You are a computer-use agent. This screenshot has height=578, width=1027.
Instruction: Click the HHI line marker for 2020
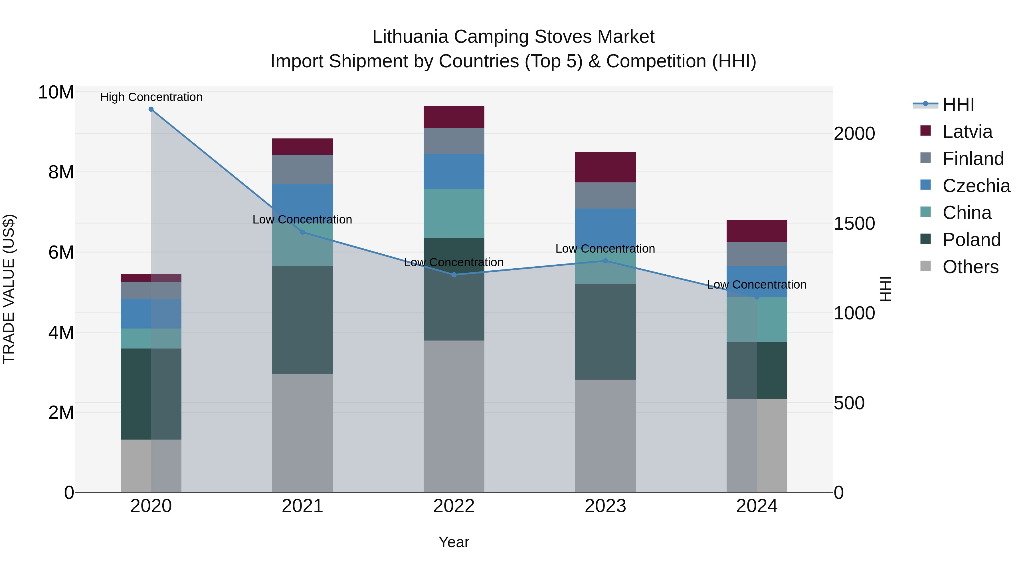coord(151,109)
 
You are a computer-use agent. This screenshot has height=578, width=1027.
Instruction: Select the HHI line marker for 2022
coord(454,275)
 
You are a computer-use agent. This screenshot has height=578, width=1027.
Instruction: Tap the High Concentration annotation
coord(151,97)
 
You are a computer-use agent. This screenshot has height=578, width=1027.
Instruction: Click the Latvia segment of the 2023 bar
coord(605,167)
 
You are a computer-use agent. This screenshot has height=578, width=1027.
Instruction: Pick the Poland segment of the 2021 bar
coord(302,320)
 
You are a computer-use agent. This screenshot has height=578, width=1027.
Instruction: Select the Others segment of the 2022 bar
coord(454,416)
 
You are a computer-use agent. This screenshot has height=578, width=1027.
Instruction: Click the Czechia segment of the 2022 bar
coord(454,172)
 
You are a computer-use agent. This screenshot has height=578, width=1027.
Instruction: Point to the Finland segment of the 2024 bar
coord(757,254)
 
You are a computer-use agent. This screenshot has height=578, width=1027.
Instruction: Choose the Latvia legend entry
coord(967,132)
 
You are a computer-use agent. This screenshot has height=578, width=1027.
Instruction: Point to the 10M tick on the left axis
coord(56,92)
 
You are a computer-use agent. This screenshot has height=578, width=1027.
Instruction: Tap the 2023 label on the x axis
coord(605,506)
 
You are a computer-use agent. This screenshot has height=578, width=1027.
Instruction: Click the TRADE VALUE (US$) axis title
coord(9,289)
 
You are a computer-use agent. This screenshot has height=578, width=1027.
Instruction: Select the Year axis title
coord(454,542)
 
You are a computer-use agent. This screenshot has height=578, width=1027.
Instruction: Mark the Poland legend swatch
coord(925,239)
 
